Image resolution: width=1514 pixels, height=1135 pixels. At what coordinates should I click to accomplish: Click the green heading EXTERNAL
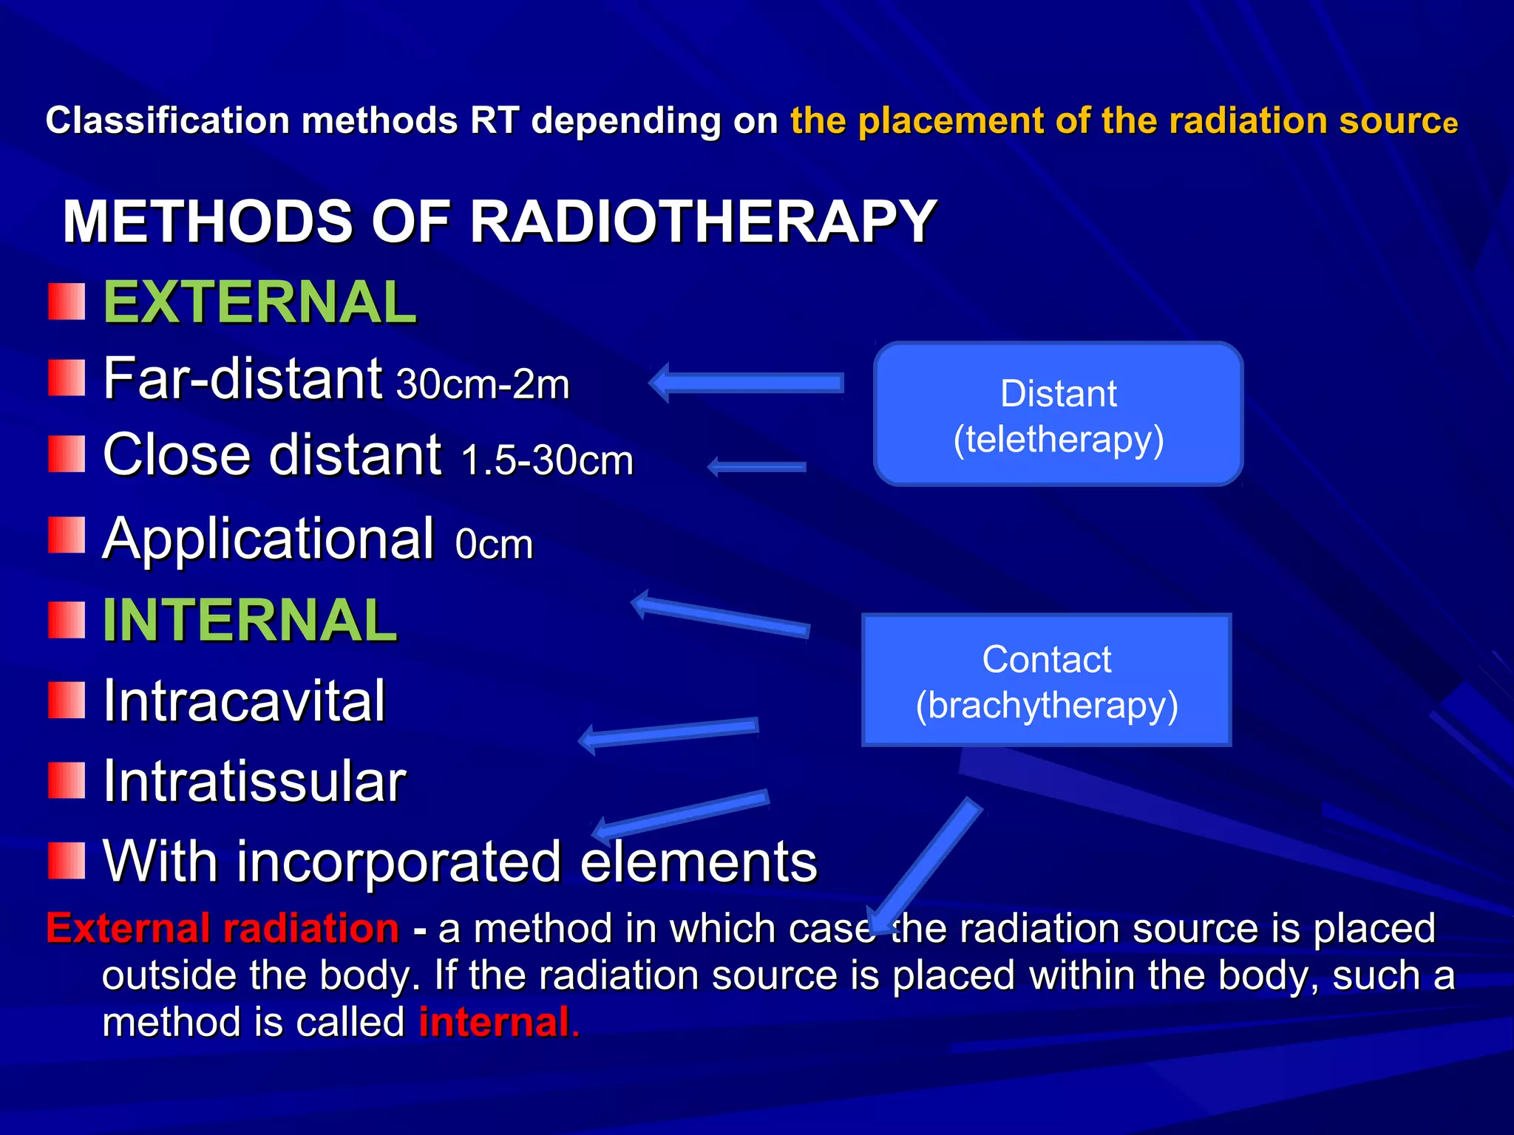(x=259, y=302)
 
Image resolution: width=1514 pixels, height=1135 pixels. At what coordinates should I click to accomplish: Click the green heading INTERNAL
(x=250, y=620)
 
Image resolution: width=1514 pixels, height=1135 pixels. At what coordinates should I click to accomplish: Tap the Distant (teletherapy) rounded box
(x=1058, y=414)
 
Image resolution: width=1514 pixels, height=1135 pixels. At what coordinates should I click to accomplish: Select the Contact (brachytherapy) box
(x=1046, y=680)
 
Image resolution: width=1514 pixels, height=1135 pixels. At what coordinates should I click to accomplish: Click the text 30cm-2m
(x=483, y=384)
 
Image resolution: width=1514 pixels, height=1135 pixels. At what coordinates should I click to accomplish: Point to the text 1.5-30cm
(x=547, y=460)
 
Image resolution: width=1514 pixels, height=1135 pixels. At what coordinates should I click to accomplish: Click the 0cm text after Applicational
(x=494, y=545)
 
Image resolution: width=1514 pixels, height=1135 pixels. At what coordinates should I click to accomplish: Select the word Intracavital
(x=244, y=701)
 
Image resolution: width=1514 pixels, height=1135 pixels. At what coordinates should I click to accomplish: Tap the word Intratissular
(x=254, y=781)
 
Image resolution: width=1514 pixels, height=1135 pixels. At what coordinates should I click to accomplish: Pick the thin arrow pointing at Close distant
(x=756, y=467)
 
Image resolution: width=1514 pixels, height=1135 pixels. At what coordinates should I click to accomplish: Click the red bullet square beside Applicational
(x=67, y=535)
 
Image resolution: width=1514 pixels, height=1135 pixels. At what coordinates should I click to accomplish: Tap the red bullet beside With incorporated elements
(x=67, y=860)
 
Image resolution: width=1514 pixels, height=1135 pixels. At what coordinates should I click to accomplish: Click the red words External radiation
(x=223, y=928)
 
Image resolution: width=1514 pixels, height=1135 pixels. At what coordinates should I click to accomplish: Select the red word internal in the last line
(x=494, y=1023)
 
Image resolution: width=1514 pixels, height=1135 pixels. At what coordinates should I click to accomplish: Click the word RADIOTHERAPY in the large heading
(x=703, y=221)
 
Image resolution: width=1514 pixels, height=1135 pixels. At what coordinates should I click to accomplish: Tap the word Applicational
(x=268, y=539)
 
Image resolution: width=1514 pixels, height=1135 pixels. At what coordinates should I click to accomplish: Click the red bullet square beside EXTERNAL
(x=67, y=301)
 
